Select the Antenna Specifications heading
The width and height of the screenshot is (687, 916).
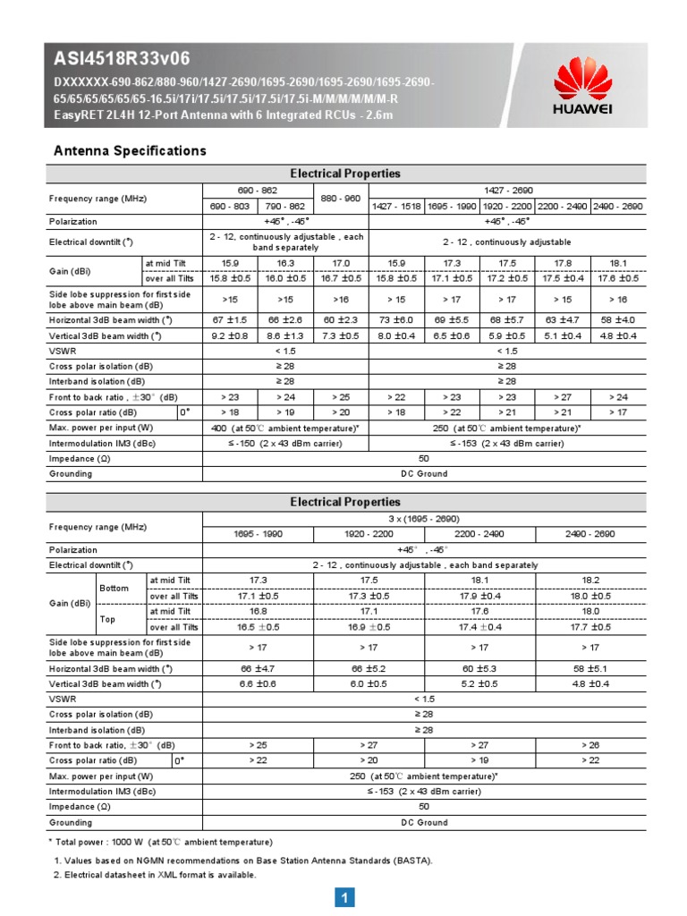[131, 150]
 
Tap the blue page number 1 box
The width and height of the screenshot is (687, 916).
[344, 897]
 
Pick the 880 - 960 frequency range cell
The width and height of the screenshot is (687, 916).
[341, 198]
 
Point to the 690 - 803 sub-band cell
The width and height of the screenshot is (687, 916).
[230, 206]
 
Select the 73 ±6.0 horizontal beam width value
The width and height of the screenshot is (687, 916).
[396, 319]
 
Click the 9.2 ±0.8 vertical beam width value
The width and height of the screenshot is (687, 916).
[230, 335]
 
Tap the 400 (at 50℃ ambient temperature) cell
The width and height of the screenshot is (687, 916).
[285, 428]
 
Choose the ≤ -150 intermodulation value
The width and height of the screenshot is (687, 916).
[285, 443]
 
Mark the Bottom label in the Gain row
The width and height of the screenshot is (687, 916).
[120, 588]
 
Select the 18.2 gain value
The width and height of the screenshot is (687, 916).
[590, 580]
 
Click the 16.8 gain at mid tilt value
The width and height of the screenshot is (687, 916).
[258, 610]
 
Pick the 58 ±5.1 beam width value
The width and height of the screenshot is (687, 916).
[590, 667]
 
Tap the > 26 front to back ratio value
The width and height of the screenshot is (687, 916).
[590, 744]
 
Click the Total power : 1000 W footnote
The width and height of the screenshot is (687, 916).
[160, 842]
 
